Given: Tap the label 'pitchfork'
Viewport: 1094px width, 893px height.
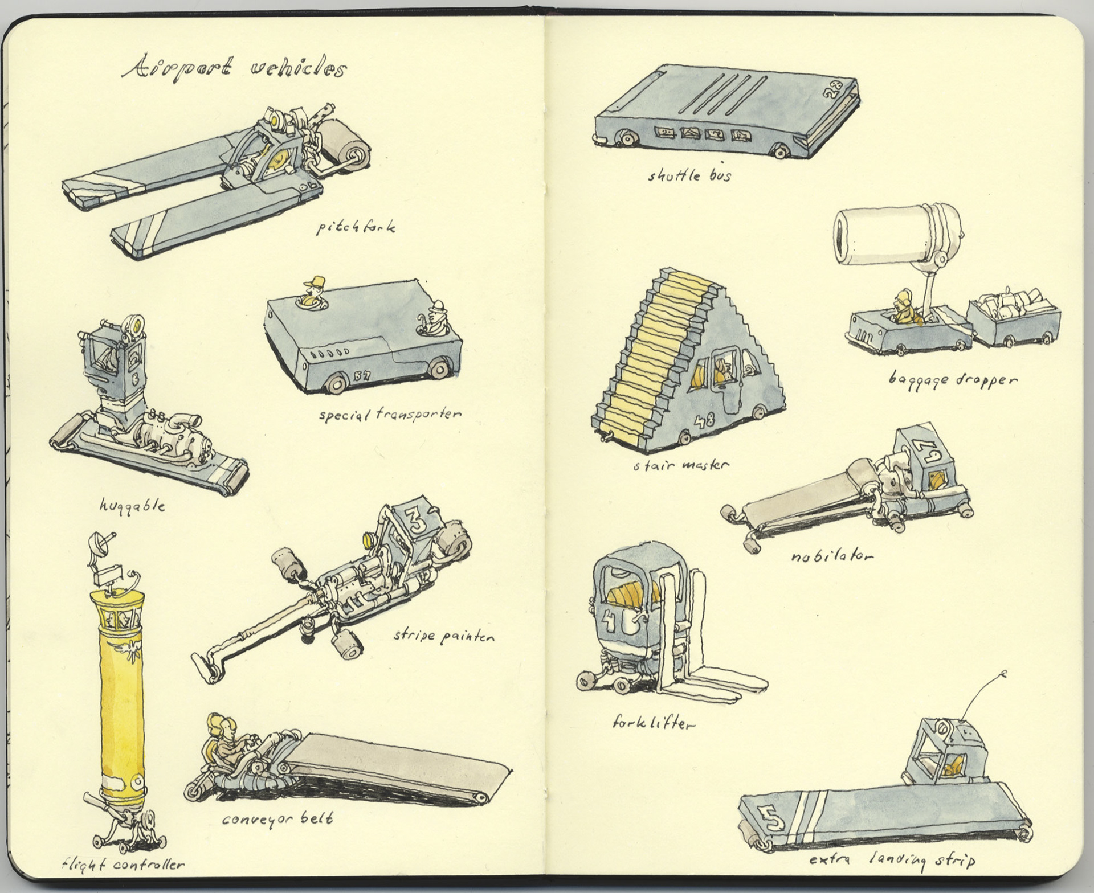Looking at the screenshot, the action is (x=356, y=228).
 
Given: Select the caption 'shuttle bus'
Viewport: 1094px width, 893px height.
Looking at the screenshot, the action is (x=689, y=175).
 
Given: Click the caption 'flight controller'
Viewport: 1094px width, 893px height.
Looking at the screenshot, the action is (x=124, y=865).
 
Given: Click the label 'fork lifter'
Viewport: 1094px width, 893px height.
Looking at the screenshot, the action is (x=653, y=724).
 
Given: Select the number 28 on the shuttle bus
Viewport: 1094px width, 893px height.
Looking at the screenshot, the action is (x=835, y=91).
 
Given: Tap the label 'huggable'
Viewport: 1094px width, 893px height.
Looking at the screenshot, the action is (x=132, y=505).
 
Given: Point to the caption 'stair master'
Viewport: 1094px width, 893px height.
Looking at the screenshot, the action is (x=681, y=466).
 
